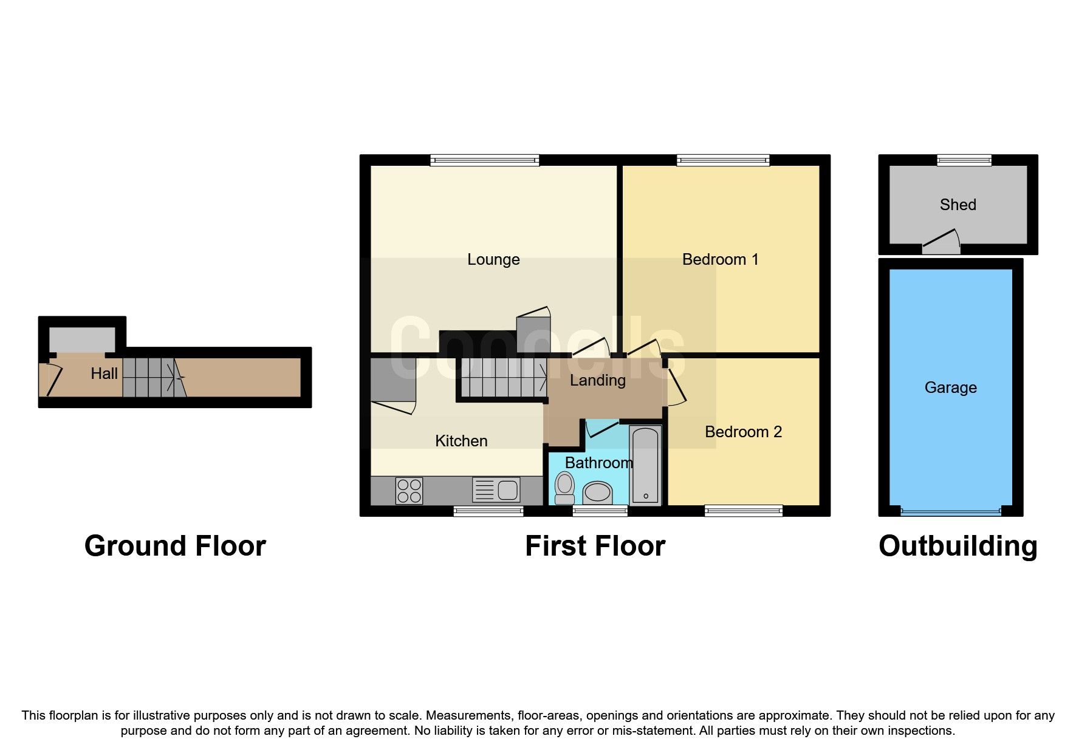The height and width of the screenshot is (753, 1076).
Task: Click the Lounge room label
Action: coord(493,260)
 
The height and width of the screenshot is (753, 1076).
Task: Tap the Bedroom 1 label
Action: coord(721,260)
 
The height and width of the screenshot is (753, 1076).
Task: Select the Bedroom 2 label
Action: coord(743,432)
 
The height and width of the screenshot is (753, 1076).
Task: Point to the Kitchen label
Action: coord(461,441)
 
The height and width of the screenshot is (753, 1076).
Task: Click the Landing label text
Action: coord(598,381)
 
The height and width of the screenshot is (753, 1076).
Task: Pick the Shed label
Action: coord(958,205)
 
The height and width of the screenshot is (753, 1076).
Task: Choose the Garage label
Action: coord(951,387)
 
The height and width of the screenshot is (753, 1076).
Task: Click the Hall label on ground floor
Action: coord(104,373)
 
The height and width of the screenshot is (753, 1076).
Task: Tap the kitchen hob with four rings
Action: coord(409,491)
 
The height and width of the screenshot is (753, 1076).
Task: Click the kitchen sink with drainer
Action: coord(496,490)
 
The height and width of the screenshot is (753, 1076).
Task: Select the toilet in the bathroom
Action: coord(565,488)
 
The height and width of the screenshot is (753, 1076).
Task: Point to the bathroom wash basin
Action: coord(597,492)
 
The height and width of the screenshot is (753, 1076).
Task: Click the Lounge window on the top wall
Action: coord(485,160)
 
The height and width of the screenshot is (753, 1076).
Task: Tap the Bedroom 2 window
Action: coord(744,511)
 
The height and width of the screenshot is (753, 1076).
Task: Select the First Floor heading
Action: coord(595,546)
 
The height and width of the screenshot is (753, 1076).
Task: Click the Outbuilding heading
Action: coord(958,547)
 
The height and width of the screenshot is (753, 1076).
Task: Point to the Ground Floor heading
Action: coord(175,546)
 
